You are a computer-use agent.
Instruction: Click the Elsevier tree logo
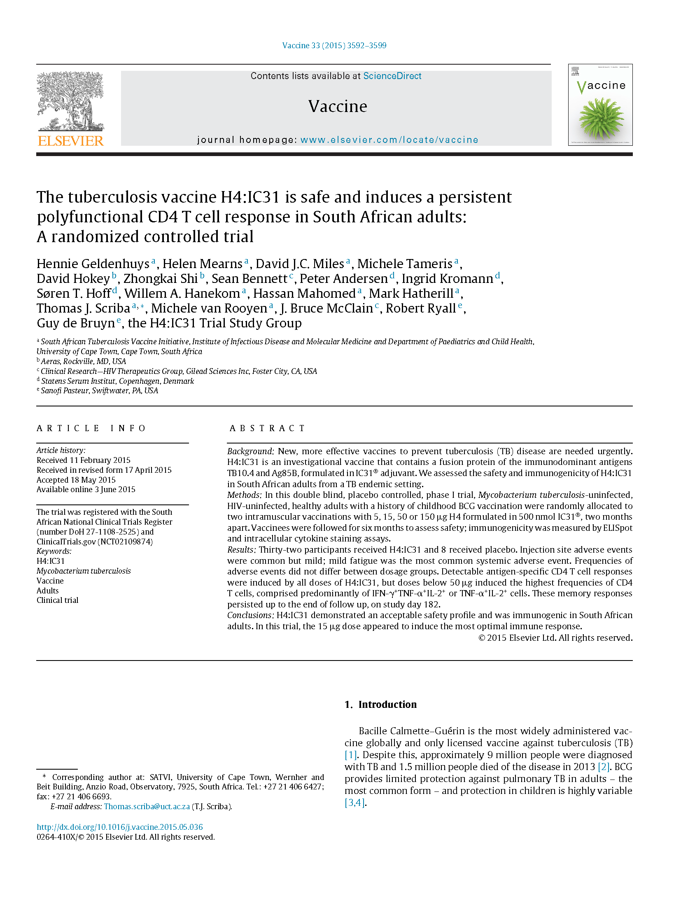pyautogui.click(x=70, y=101)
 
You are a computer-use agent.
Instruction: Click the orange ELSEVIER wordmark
pyautogui.click(x=70, y=141)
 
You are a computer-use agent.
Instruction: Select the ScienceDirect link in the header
pyautogui.click(x=392, y=76)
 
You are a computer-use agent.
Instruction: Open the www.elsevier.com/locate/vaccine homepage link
pyautogui.click(x=389, y=140)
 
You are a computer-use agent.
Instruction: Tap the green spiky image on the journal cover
pyautogui.click(x=601, y=118)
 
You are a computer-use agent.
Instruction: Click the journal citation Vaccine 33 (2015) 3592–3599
pyautogui.click(x=334, y=46)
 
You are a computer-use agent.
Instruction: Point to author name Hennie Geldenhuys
pyautogui.click(x=93, y=264)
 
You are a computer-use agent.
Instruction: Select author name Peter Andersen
pyautogui.click(x=343, y=279)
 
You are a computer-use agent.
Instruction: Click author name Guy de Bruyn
pyautogui.click(x=76, y=323)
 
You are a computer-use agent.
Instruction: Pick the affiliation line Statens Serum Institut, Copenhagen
pyautogui.click(x=117, y=381)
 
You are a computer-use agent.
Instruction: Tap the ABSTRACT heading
pyautogui.click(x=267, y=428)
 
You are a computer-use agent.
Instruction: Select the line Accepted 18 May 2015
pyautogui.click(x=76, y=480)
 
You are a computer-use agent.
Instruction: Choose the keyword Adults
pyautogui.click(x=48, y=591)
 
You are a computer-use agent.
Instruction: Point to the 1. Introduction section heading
pyautogui.click(x=380, y=705)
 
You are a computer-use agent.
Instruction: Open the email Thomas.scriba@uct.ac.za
pyautogui.click(x=147, y=807)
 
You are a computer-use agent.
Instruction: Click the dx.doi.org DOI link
pyautogui.click(x=120, y=827)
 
